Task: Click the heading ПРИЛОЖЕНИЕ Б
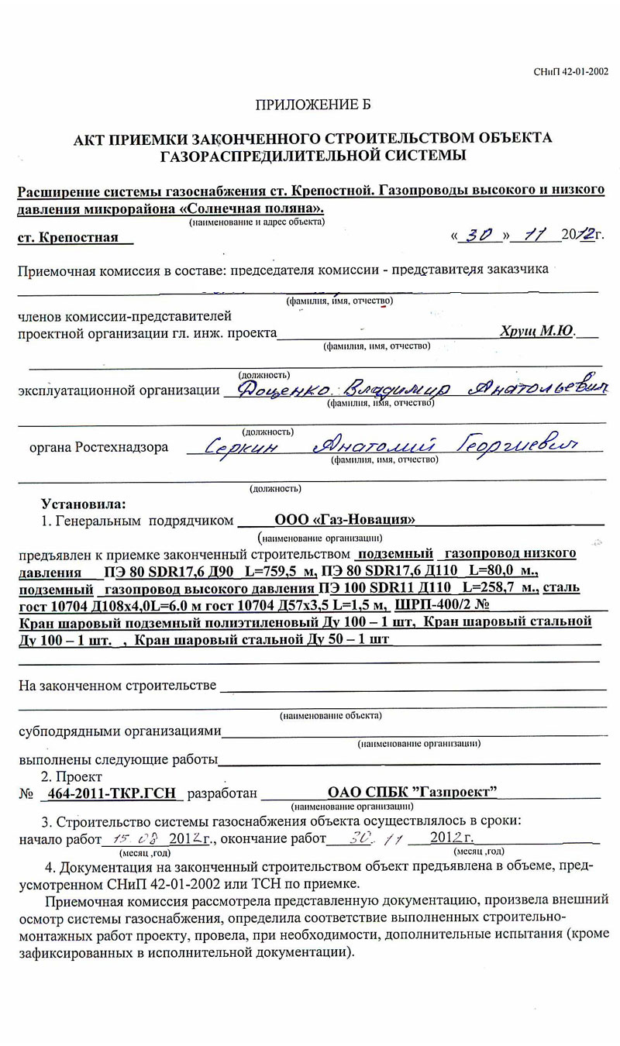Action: (x=319, y=104)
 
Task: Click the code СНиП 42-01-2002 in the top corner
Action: (x=570, y=72)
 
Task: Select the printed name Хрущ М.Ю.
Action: (x=536, y=331)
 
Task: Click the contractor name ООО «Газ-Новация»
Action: (x=345, y=520)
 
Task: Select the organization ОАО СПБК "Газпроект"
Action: (x=412, y=792)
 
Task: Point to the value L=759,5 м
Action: (x=280, y=572)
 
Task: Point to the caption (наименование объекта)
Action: (x=330, y=715)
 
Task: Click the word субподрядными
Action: (x=71, y=731)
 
